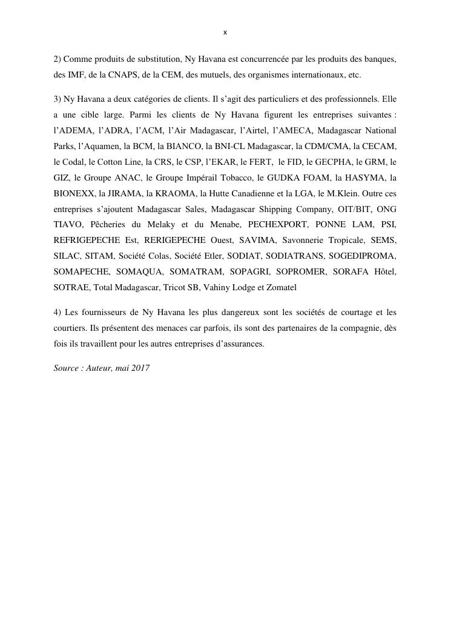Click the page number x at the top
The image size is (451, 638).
click(x=225, y=32)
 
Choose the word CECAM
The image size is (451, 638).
click(x=381, y=146)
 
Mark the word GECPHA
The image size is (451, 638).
click(x=332, y=162)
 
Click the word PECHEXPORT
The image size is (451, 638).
click(x=278, y=225)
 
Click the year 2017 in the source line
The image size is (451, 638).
click(x=140, y=368)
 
